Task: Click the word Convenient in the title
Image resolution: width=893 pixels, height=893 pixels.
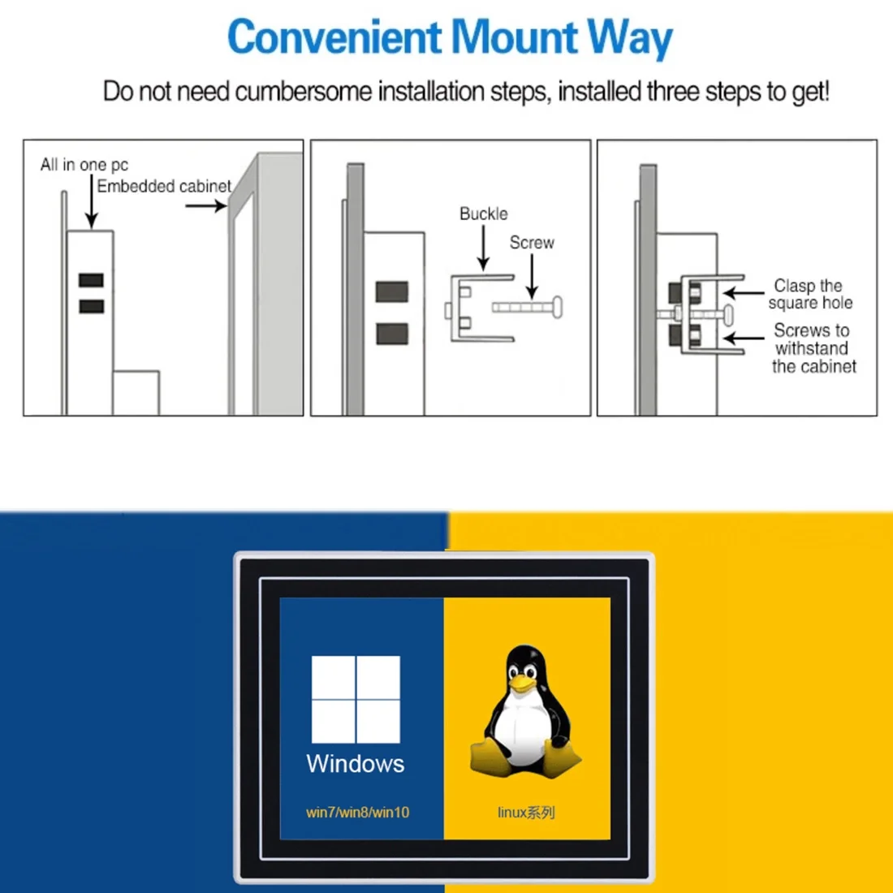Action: click(334, 37)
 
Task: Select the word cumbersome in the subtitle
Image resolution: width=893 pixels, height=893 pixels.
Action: click(303, 91)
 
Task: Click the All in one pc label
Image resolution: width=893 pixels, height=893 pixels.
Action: click(84, 165)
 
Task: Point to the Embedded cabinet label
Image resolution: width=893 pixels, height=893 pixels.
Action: click(164, 186)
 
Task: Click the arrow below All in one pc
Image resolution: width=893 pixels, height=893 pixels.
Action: click(91, 201)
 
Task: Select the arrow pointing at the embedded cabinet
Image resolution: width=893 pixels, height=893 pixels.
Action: click(206, 205)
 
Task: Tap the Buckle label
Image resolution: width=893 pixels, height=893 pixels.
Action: click(484, 214)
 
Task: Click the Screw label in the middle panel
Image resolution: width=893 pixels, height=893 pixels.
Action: click(532, 243)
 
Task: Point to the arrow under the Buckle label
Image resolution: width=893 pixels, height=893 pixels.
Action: click(483, 248)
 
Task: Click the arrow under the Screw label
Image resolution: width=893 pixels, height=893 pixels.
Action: click(532, 276)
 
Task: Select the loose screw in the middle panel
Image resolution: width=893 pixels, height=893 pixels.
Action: click(528, 308)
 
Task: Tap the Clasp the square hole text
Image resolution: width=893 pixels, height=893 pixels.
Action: click(810, 294)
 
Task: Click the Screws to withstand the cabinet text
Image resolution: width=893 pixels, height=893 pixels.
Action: click(813, 348)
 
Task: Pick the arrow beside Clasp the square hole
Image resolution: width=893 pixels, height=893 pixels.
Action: click(744, 293)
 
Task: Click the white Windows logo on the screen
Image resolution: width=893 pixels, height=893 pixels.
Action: click(356, 699)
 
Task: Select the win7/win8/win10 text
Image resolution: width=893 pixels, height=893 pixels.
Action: click(358, 812)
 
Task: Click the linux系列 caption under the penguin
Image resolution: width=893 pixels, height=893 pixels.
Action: click(526, 812)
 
